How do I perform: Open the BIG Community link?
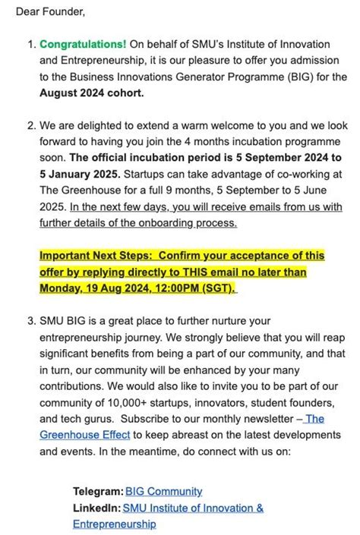[x=163, y=492]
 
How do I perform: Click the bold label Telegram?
[x=97, y=492]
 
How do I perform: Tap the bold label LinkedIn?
[x=96, y=508]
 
